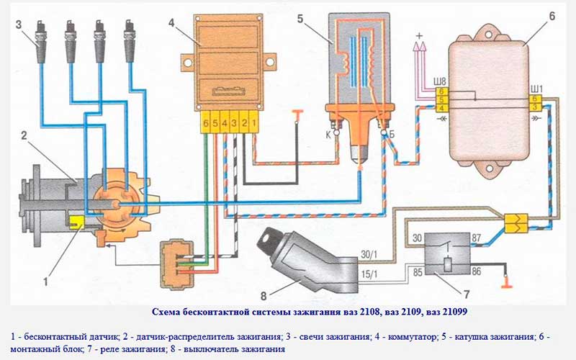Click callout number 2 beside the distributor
24,135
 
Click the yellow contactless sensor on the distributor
74,221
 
